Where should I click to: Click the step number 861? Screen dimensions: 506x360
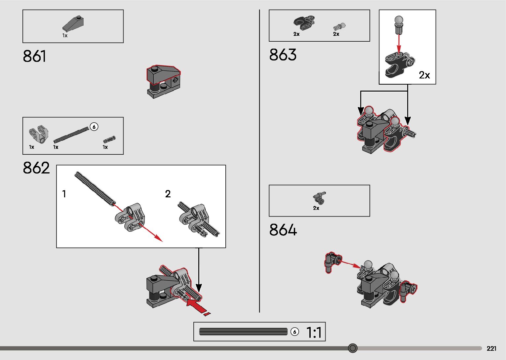click(34, 57)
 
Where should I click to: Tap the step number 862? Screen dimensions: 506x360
click(36, 168)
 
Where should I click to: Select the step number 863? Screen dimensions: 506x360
click(283, 55)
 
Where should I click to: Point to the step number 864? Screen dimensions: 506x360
click(283, 230)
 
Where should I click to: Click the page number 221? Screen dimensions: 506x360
click(491, 348)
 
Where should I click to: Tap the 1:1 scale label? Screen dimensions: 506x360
click(314, 332)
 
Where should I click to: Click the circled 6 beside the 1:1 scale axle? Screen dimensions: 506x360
click(294, 332)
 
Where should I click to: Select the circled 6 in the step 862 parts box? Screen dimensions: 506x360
click(94, 127)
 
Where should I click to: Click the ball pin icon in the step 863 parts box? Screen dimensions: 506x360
click(339, 26)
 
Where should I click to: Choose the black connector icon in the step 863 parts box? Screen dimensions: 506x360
click(303, 23)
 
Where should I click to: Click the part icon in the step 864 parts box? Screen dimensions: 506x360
click(319, 197)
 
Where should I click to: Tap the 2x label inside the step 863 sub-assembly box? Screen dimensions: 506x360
click(424, 75)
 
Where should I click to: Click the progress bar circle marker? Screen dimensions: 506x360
click(353, 348)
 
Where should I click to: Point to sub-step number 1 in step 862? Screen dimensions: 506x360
click(64, 194)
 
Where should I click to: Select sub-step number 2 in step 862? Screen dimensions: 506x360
click(168, 194)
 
